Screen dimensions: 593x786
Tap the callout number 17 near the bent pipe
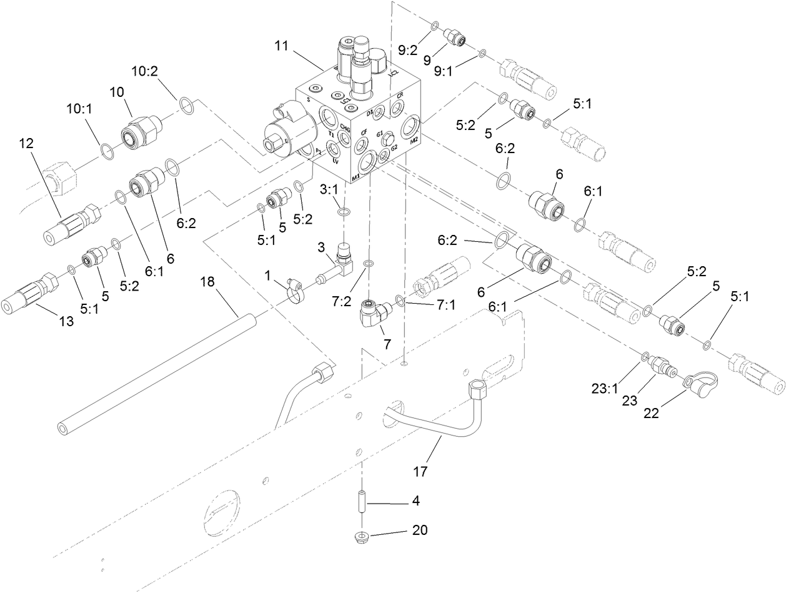pos(420,472)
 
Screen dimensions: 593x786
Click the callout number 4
pos(415,501)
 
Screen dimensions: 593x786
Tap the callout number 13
pos(66,321)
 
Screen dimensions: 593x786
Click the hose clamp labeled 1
pos(294,287)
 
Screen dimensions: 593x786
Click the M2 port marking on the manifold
pos(414,141)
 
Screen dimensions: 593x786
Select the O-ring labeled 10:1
pos(107,151)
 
